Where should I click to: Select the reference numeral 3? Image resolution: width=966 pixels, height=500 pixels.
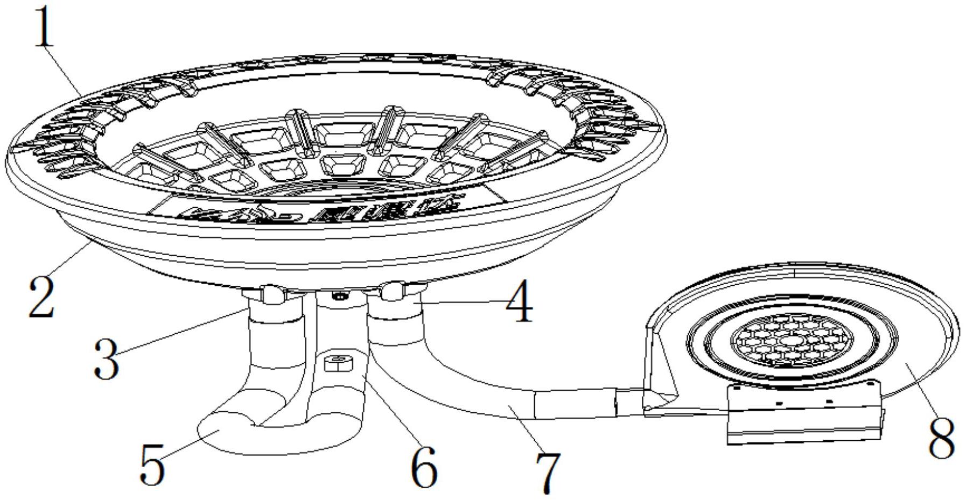click(106, 358)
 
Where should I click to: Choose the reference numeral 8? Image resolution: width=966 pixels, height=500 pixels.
click(941, 438)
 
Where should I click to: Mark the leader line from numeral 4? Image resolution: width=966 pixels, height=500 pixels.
click(463, 304)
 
